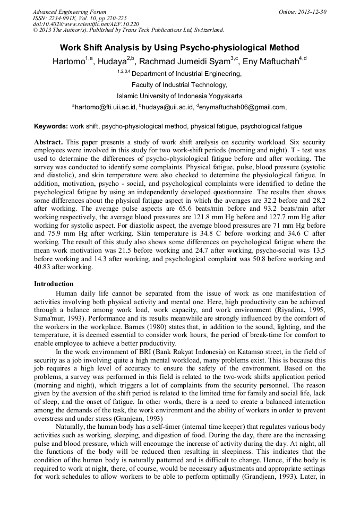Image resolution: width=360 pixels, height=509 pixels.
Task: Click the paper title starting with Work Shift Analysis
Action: [179, 48]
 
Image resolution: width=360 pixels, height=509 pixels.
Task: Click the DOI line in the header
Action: [86, 24]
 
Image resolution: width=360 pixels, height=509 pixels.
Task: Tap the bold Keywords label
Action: [51, 127]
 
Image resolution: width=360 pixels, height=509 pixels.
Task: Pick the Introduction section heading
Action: [54, 284]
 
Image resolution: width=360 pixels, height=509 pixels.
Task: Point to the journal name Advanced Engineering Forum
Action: [70, 12]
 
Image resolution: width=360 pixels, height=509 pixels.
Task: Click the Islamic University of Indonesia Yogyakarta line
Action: [179, 96]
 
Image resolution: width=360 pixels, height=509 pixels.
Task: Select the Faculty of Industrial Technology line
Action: [179, 85]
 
